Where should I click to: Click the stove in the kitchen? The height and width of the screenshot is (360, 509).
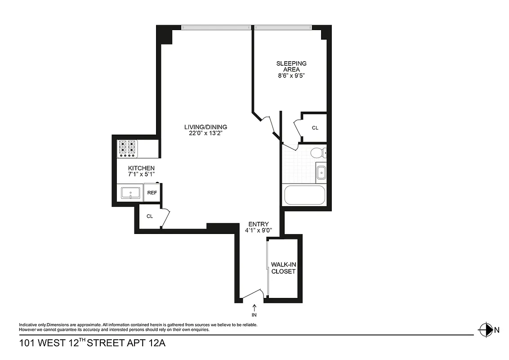127,148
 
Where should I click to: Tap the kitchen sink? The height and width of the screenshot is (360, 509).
131,194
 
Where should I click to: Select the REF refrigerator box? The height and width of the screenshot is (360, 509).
152,193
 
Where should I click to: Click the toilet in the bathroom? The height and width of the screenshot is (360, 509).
318,153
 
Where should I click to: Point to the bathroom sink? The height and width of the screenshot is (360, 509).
321,172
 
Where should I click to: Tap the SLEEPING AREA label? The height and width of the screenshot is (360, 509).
291,67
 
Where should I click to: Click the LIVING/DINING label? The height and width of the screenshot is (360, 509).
206,127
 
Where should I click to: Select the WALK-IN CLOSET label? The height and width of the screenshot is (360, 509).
283,268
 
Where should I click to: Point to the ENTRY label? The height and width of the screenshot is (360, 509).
259,224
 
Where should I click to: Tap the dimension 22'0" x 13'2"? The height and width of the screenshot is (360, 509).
206,133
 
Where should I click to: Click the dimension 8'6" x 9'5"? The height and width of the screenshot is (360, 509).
291,76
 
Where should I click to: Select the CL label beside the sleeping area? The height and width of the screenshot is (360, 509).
315,128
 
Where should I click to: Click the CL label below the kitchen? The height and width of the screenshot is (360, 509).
150,216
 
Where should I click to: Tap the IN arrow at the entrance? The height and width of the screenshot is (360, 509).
254,309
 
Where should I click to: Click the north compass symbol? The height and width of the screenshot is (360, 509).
486,330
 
